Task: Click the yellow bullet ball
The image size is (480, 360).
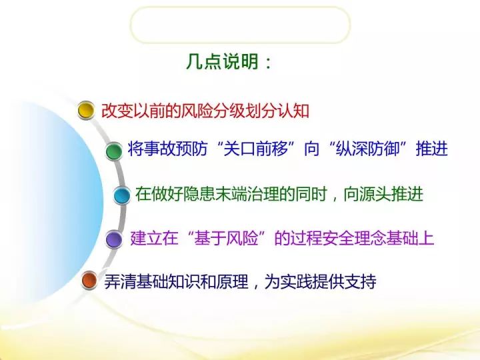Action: (86, 110)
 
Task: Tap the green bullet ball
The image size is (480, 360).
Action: (114, 151)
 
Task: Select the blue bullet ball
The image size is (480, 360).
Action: (121, 195)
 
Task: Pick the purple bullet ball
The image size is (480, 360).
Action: (114, 239)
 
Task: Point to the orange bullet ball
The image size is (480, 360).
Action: (89, 280)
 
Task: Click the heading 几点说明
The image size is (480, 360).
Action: (223, 61)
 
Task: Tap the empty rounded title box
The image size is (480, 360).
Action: (240, 25)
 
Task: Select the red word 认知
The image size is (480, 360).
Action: (293, 111)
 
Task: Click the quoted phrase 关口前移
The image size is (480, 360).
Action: (256, 149)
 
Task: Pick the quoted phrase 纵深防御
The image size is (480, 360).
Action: (368, 149)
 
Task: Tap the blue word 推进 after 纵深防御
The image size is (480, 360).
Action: (431, 149)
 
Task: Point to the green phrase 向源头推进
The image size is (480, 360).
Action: (383, 194)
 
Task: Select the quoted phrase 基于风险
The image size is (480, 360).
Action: (226, 238)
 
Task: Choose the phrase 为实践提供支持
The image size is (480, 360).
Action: (320, 281)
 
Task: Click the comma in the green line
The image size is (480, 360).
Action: (334, 199)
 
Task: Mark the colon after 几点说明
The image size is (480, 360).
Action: (269, 63)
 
